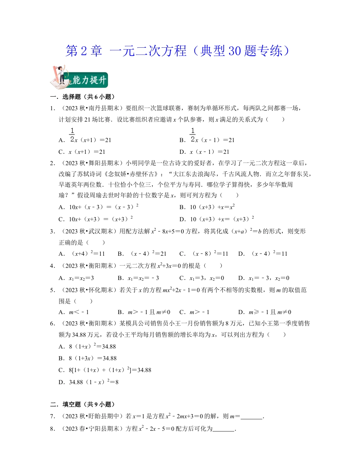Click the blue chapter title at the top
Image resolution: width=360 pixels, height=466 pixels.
click(179, 51)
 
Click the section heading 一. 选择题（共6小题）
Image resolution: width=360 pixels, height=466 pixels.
click(82, 97)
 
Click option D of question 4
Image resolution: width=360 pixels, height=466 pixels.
click(264, 278)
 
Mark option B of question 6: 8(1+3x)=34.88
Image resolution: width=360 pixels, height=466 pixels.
click(87, 358)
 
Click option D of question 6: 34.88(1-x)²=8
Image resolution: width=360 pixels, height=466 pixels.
click(88, 382)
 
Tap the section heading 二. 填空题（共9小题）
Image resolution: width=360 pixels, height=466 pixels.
click(82, 404)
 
